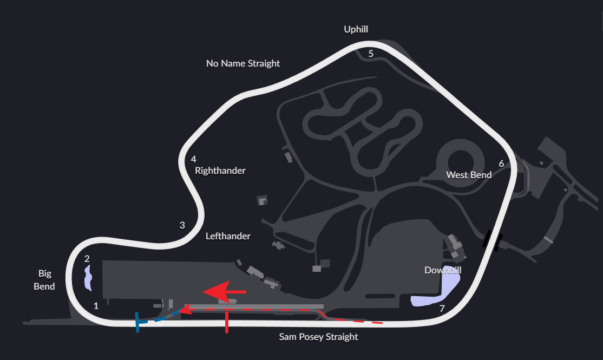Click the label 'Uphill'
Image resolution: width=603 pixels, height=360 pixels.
coord(356,29)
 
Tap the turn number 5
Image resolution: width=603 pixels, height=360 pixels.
coord(371,54)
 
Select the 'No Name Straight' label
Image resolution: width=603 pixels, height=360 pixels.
coord(243,63)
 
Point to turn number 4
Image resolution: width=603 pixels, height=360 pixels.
coord(193,159)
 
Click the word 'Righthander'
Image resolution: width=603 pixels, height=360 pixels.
coord(220,171)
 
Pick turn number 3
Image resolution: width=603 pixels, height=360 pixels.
coord(182,225)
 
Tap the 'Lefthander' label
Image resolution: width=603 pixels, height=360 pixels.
coord(228,236)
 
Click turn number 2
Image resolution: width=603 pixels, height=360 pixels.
coord(87,259)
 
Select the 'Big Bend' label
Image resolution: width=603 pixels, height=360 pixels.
coord(44,280)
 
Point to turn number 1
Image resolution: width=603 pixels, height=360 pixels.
coord(96,306)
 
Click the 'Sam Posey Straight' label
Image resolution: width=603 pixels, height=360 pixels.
coord(318,337)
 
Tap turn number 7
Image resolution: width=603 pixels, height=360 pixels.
coord(442,309)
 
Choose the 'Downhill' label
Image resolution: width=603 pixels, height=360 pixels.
coord(443,270)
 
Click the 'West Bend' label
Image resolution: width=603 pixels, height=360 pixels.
coord(469,175)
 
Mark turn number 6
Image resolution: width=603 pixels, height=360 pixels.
coord(501,163)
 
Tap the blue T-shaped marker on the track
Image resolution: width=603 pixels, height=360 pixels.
coord(139,322)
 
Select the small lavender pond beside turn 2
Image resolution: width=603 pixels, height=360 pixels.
coord(87,277)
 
